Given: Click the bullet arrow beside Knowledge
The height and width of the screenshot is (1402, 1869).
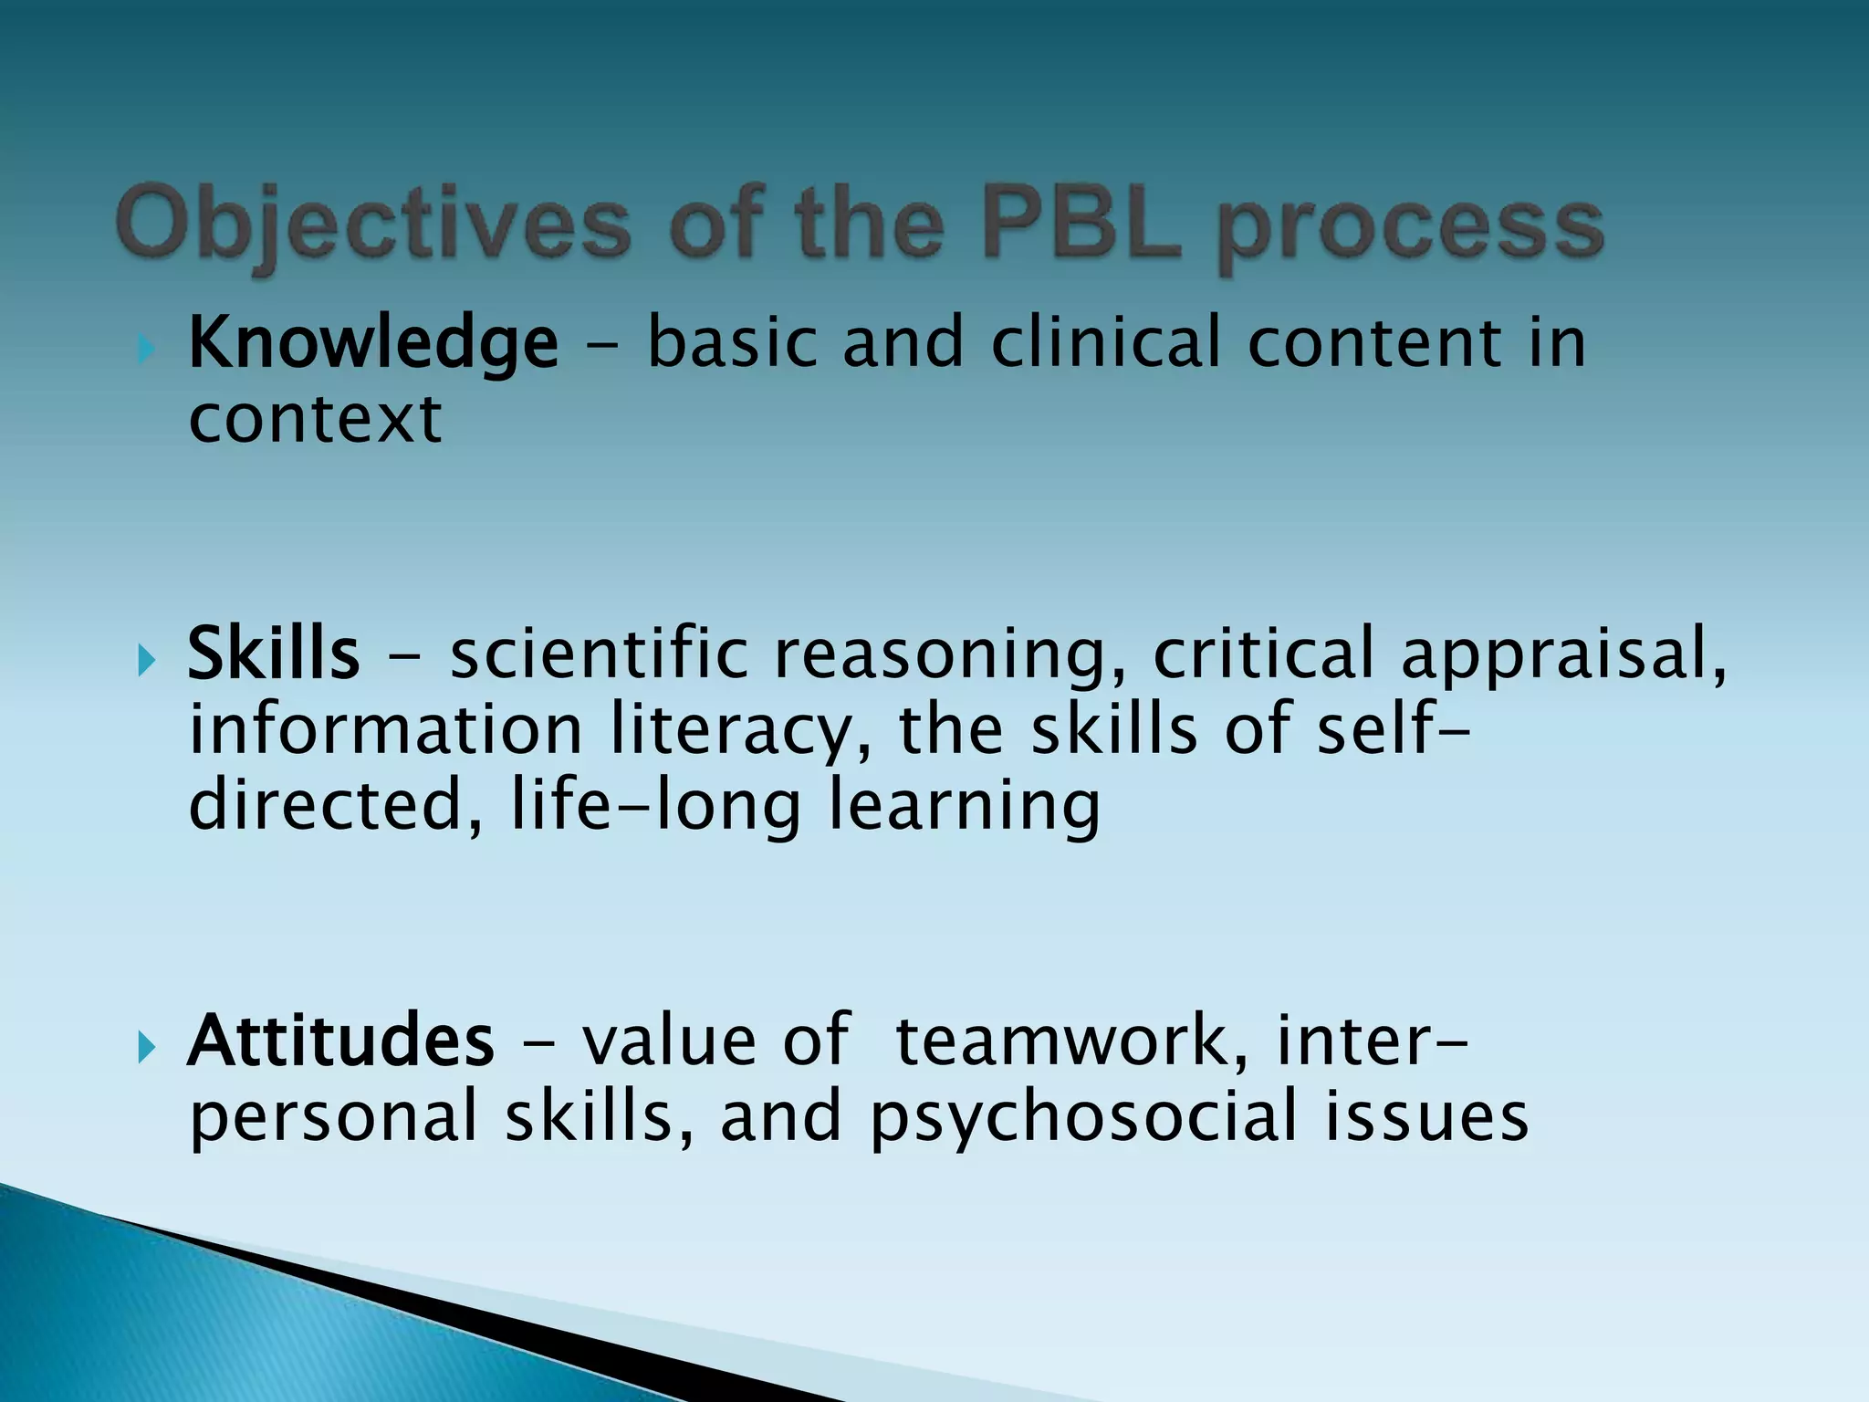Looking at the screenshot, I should (146, 348).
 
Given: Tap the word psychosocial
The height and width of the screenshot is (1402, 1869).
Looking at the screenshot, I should (1082, 1119).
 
